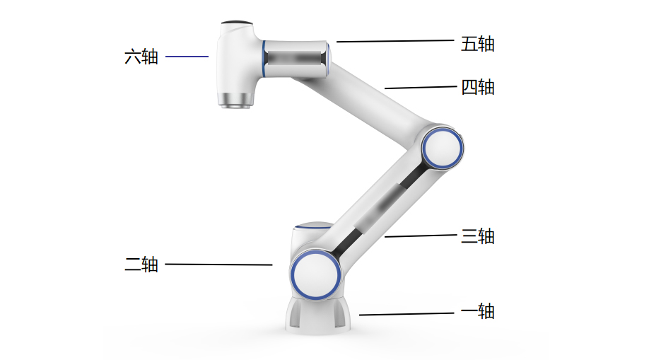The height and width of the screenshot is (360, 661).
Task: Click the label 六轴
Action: (141, 57)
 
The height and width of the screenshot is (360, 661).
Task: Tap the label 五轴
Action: (478, 44)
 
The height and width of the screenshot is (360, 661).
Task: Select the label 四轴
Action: (478, 87)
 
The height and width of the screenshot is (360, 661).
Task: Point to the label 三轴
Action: (478, 236)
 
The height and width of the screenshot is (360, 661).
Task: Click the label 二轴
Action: (141, 265)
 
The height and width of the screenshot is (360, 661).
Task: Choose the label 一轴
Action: (478, 311)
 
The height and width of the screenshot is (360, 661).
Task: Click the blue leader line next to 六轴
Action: (187, 56)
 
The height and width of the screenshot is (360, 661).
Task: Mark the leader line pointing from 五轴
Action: (395, 41)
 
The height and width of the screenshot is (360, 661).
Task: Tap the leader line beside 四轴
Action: (421, 87)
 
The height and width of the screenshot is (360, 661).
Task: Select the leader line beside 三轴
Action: (421, 236)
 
